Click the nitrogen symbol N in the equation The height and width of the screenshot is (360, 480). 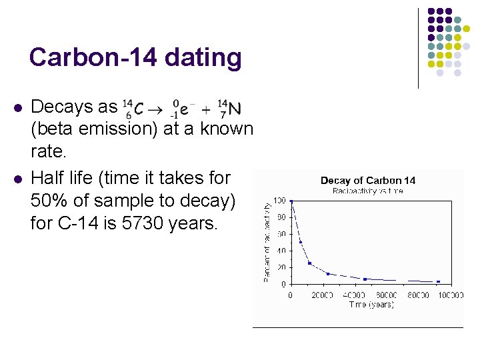point(235,108)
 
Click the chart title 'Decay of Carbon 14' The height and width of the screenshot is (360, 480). point(367,181)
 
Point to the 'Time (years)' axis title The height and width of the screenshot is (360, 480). point(371,304)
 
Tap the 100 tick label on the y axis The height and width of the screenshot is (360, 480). point(281,201)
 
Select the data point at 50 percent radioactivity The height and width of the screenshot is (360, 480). point(301,242)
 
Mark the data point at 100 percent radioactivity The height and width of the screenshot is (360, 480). point(291,201)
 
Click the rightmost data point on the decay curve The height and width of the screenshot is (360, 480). point(438,281)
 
